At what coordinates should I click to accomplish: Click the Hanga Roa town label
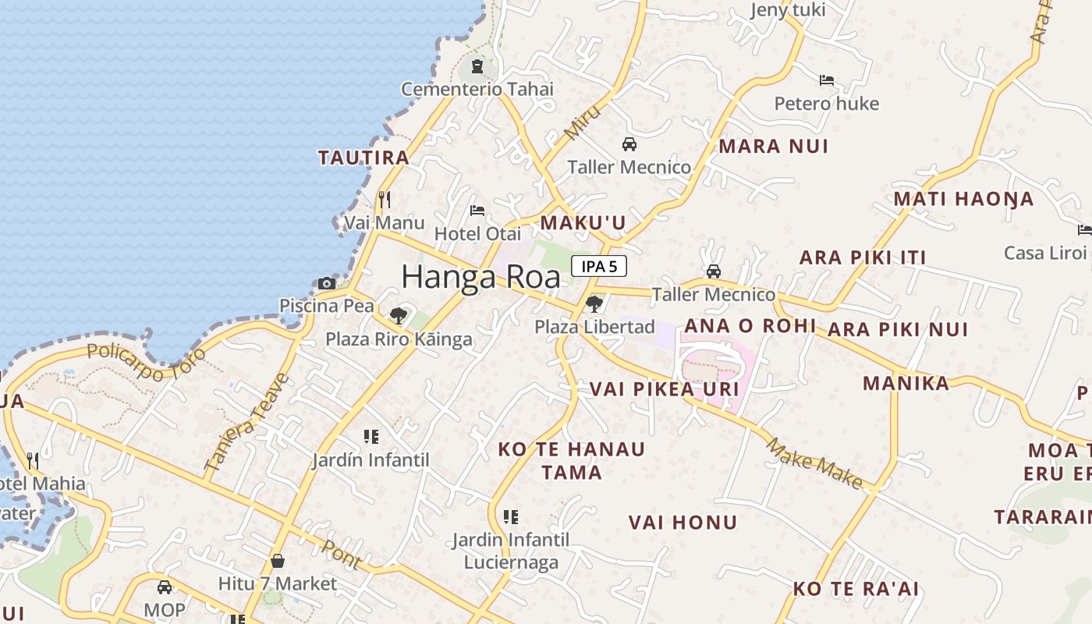point(480,277)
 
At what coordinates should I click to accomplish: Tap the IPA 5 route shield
point(599,266)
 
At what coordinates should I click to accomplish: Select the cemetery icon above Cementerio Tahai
point(477,66)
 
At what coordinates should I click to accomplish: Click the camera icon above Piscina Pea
point(327,283)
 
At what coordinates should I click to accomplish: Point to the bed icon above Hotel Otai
point(477,211)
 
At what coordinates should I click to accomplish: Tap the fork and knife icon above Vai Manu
point(384,200)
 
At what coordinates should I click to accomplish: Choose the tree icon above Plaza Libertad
point(594,303)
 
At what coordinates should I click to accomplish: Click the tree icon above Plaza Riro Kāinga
point(399,316)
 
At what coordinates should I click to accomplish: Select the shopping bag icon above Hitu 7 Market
point(277,560)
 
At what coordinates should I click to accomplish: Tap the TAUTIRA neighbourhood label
point(363,158)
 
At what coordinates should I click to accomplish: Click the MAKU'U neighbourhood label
point(583,223)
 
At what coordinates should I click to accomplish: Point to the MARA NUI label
point(773,147)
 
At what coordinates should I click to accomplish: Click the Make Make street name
point(814,464)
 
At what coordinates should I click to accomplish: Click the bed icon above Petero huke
point(827,80)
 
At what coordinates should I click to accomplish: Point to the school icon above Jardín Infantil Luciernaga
point(511,516)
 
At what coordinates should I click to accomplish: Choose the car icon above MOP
point(165,587)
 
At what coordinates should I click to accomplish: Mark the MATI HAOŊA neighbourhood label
point(963,199)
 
